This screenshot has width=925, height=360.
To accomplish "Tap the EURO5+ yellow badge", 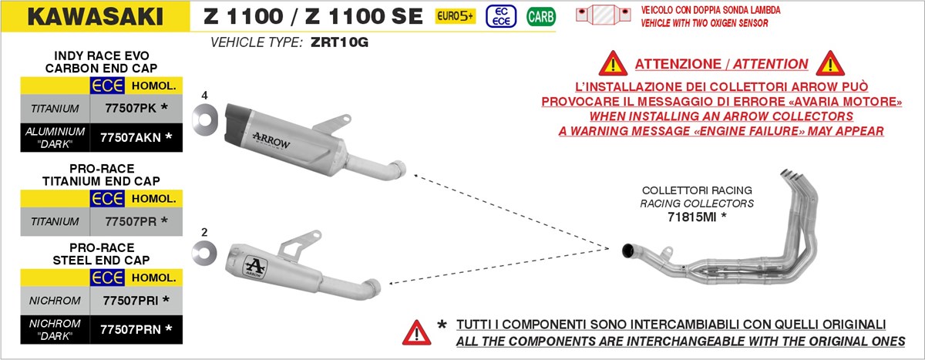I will [455, 15].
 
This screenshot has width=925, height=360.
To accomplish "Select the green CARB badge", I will [540, 16].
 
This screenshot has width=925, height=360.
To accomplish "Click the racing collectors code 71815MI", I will [696, 217].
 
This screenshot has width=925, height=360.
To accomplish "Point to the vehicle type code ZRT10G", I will [340, 42].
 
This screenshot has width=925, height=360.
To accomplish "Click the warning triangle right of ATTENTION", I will [831, 63].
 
